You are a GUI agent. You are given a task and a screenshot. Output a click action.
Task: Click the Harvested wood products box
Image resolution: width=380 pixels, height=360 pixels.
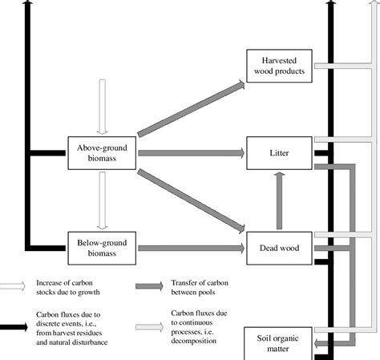pos(278,65)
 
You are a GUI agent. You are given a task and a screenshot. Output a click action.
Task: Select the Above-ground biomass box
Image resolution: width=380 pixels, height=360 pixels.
pos(102,152)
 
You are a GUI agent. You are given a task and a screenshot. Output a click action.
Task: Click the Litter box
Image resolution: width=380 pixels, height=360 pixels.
pos(278,152)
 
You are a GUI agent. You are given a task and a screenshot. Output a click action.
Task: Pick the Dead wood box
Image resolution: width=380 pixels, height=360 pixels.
pos(278,248)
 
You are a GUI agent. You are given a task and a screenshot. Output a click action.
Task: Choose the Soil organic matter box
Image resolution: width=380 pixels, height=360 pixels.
pos(278,343)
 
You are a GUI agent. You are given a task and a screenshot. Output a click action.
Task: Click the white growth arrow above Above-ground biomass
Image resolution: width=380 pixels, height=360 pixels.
pos(102,106)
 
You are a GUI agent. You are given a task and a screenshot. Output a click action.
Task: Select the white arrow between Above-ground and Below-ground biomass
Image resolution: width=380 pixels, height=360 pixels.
pos(102,200)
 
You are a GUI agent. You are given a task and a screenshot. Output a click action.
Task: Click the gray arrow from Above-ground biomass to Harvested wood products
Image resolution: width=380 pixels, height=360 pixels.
pos(191,108)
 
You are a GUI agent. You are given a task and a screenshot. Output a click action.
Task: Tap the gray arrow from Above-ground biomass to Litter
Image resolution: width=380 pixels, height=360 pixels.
pos(191,152)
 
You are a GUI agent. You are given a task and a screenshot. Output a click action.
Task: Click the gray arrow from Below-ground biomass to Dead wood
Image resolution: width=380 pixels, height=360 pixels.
pos(191,248)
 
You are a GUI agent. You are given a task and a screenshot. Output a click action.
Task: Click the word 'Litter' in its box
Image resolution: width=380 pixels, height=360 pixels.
pos(278,152)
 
